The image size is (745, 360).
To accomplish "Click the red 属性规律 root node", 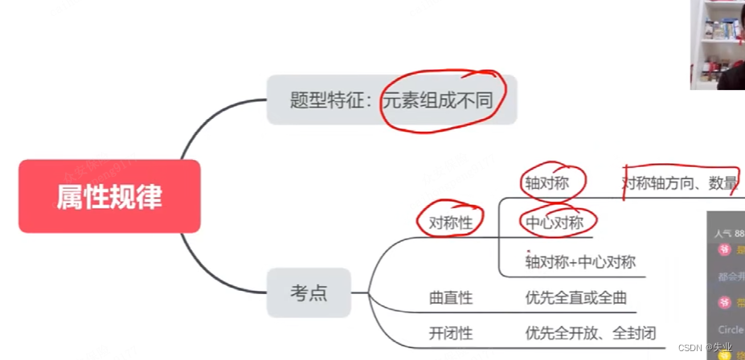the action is [109, 197].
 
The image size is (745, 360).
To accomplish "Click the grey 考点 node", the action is [309, 292].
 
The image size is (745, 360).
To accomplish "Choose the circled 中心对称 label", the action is [555, 223].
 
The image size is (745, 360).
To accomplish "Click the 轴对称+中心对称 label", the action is [580, 261].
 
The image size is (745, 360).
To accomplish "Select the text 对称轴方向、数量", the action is [680, 183].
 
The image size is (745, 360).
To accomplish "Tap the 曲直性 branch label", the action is [451, 298].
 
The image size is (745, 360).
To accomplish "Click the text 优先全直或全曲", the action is [575, 298].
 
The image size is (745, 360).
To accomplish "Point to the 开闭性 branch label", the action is [451, 332].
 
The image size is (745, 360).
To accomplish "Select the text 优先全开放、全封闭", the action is [591, 332].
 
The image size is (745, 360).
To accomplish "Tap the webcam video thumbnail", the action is [717, 44].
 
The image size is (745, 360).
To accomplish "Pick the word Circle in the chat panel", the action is [731, 329].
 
